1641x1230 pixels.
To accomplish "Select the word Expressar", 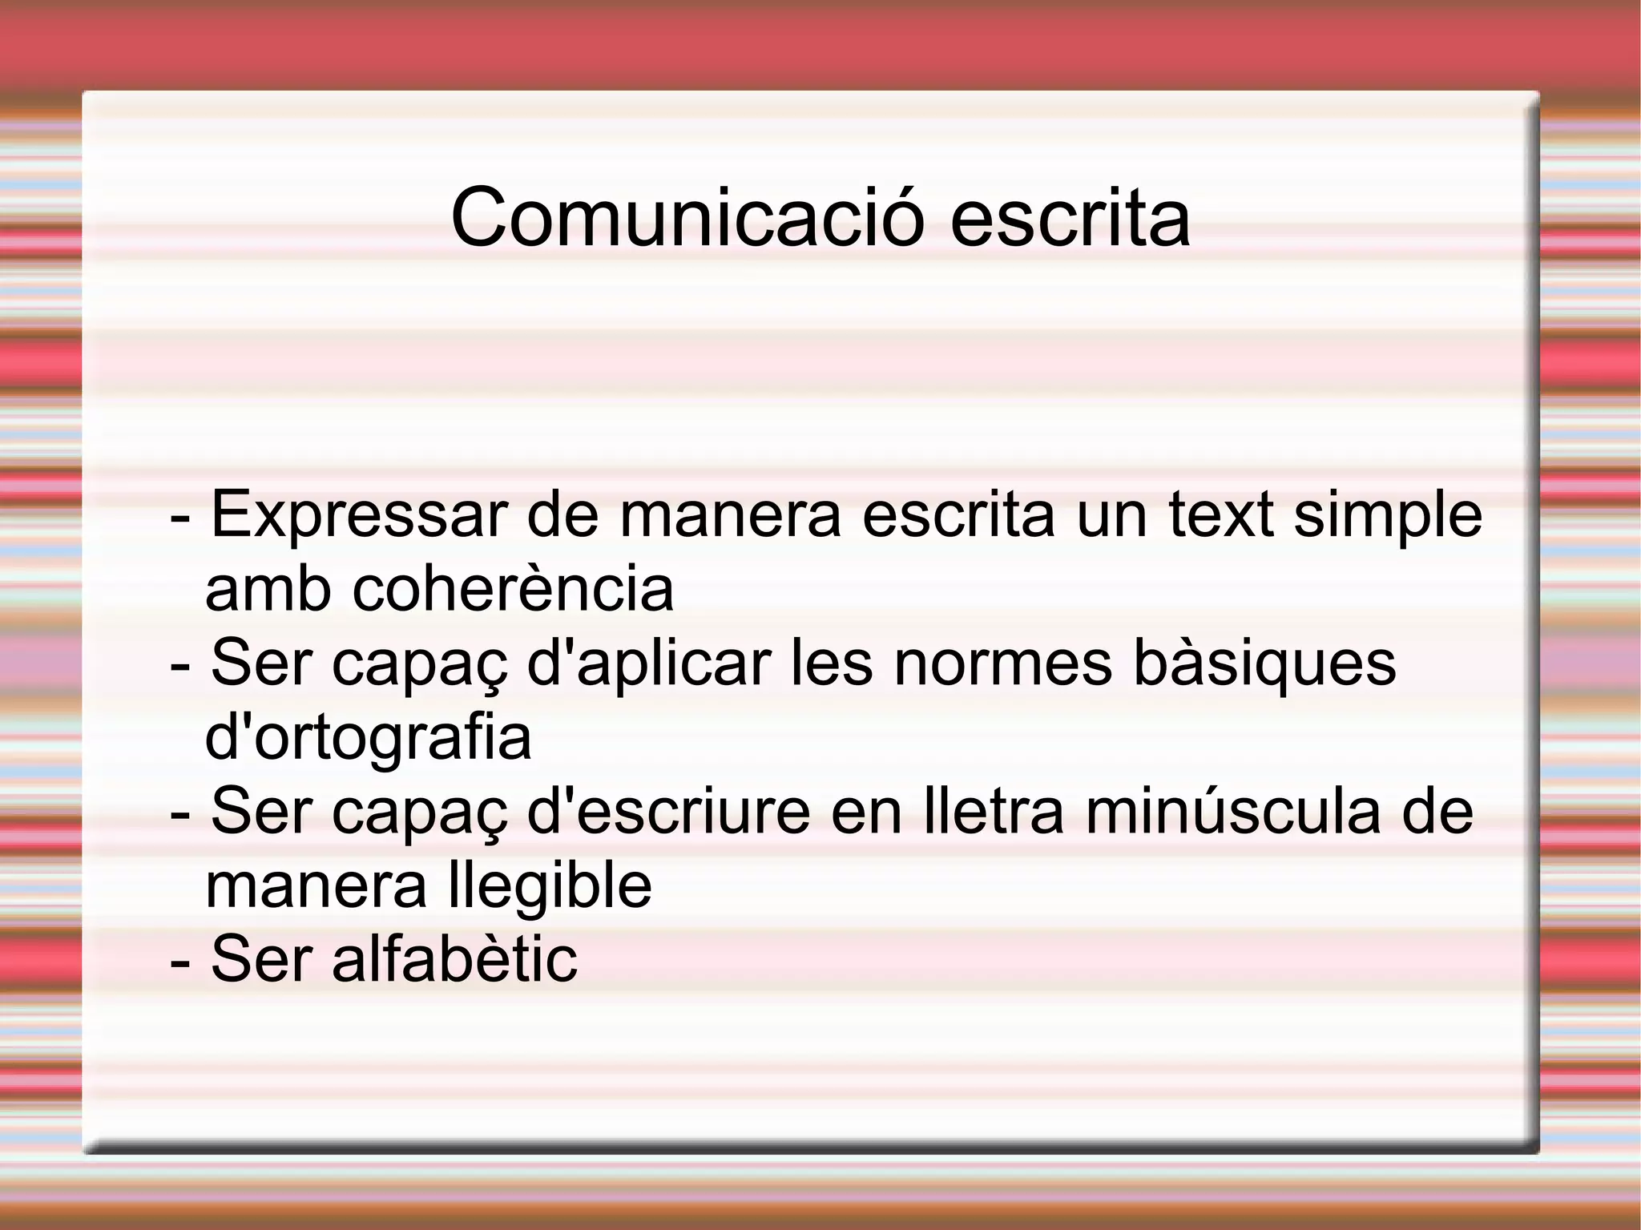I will point(359,515).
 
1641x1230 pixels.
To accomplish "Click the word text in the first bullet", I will point(1221,515).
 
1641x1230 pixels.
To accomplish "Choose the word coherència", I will point(513,589).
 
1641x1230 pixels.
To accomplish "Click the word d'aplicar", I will point(648,664).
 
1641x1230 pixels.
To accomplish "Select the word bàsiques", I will point(1265,664).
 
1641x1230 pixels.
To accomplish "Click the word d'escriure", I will point(668,812).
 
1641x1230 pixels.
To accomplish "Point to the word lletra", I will point(994,812).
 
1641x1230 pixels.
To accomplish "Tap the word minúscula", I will point(1233,812).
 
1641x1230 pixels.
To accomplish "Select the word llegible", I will point(550,887).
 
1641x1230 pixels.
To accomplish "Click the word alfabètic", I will point(454,959).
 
